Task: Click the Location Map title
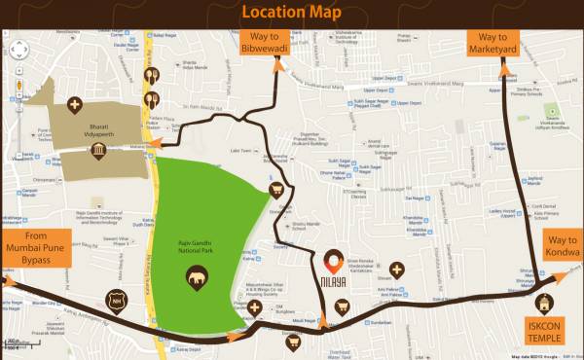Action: pyautogui.click(x=291, y=13)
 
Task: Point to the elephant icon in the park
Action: pyautogui.click(x=199, y=279)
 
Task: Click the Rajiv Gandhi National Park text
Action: pyautogui.click(x=199, y=255)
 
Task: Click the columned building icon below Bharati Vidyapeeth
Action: pyautogui.click(x=99, y=151)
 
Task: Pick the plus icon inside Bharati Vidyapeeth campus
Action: pyautogui.click(x=75, y=104)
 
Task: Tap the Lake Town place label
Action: pyautogui.click(x=240, y=151)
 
